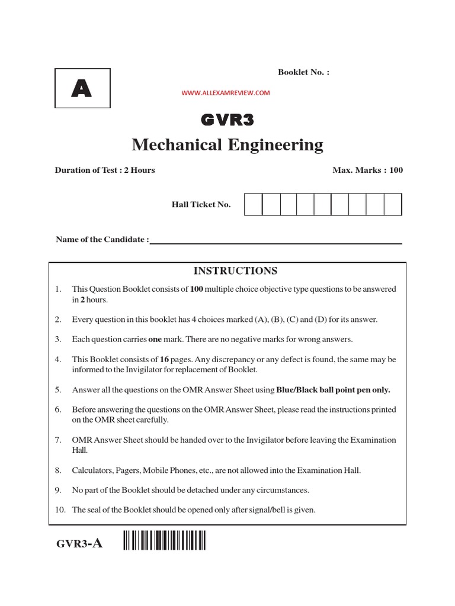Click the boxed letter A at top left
click(x=81, y=88)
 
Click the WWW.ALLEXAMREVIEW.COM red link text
click(x=226, y=93)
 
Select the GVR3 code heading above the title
click(x=227, y=120)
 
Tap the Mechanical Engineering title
click(x=227, y=144)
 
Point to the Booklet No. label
click(x=303, y=72)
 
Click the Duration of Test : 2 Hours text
click(x=105, y=170)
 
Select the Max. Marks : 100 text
click(x=367, y=170)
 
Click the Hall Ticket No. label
click(x=201, y=205)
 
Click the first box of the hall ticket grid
click(x=253, y=204)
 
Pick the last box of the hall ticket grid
click(x=393, y=204)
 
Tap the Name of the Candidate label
click(x=102, y=240)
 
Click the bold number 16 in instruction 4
click(x=165, y=359)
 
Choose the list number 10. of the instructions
click(x=59, y=510)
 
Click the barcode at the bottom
click(x=165, y=541)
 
